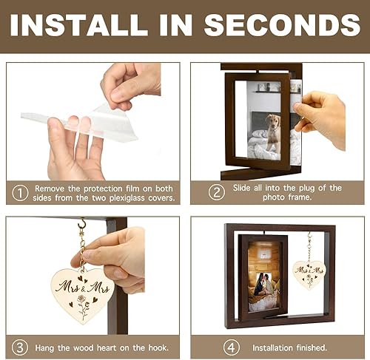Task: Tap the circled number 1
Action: [x=20, y=193]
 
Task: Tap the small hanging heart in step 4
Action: [x=309, y=274]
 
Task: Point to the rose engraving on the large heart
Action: [x=83, y=305]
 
